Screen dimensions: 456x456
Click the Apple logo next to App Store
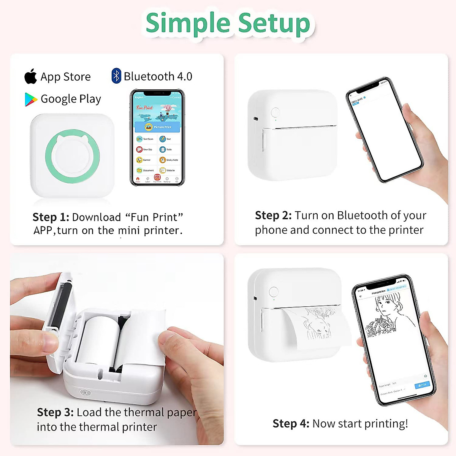pos(31,77)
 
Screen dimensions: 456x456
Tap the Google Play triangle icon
pos(30,99)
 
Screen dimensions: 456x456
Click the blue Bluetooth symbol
pos(116,76)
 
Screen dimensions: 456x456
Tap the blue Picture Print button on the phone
pos(158,127)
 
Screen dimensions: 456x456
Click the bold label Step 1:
pos(51,217)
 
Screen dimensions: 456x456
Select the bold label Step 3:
pos(55,412)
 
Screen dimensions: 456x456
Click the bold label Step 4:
pos(291,423)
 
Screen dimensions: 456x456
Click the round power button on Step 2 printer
pos(275,112)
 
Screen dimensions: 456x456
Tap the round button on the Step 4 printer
pos(274,292)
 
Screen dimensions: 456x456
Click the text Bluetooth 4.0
pos(158,76)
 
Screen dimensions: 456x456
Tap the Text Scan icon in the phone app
pos(139,139)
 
